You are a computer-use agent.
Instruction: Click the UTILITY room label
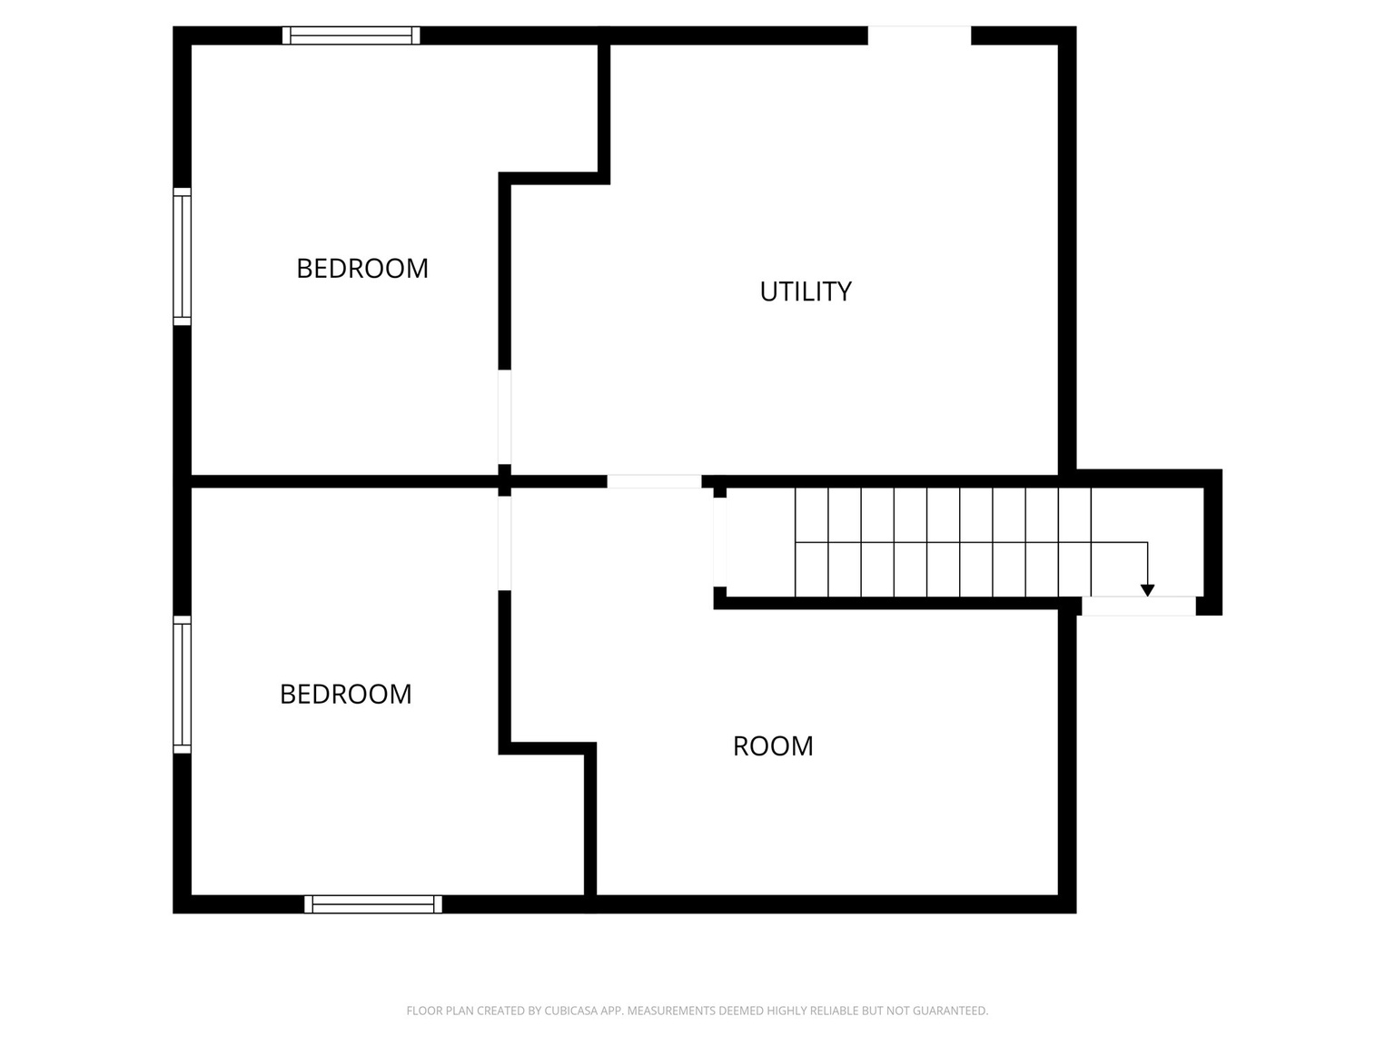[806, 291]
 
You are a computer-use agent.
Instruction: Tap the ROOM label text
[773, 746]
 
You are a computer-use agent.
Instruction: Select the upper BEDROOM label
[362, 269]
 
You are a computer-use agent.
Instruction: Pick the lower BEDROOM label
[345, 695]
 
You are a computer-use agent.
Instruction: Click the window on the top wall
[351, 35]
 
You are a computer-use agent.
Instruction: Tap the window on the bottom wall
[373, 904]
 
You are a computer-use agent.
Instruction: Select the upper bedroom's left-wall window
[183, 257]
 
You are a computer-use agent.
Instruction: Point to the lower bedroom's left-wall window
[183, 685]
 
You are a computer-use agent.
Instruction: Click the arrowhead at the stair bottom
[1147, 590]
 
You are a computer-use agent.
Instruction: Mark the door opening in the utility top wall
[919, 35]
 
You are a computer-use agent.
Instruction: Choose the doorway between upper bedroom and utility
[505, 418]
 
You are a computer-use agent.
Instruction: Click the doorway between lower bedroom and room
[505, 543]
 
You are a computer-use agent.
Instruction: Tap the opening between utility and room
[654, 481]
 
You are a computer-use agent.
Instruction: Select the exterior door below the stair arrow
[1138, 607]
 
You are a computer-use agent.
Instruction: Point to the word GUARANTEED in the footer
[951, 1011]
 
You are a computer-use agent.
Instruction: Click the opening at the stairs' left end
[720, 542]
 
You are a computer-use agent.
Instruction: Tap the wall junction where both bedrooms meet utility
[505, 479]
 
